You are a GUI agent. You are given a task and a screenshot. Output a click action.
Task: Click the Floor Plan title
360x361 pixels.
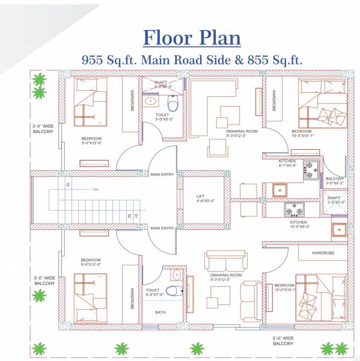click(x=192, y=37)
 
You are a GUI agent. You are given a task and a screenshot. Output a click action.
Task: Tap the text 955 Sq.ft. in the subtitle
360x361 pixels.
click(x=109, y=60)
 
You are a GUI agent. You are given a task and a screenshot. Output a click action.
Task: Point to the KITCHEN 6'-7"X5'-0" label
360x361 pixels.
click(x=287, y=164)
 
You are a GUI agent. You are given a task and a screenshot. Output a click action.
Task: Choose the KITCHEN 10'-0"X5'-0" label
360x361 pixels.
click(x=297, y=224)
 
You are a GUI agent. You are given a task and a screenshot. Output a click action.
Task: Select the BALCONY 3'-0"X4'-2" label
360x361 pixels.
click(x=334, y=181)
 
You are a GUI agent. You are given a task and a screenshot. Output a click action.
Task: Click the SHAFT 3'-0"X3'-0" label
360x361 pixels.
click(x=334, y=200)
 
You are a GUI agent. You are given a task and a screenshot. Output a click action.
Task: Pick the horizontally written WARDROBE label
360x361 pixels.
click(x=323, y=253)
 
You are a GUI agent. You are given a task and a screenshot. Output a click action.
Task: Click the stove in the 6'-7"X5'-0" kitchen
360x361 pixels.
click(x=311, y=170)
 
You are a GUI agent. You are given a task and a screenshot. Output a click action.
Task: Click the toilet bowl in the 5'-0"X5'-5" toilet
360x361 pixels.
click(x=174, y=105)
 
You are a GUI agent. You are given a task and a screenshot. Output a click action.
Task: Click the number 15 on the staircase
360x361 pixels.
click(x=68, y=184)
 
